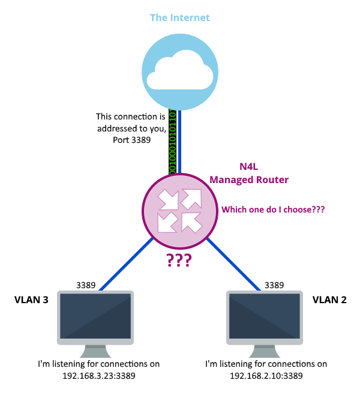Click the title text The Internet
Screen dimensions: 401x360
179,18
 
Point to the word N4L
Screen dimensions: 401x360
249,167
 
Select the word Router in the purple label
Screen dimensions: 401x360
271,180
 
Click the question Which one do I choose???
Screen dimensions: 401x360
273,210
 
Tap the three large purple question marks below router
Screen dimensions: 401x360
179,260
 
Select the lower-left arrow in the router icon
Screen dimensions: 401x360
168,222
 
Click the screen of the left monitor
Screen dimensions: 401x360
95,316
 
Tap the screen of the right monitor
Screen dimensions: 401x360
265,316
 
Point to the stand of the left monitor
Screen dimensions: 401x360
95,351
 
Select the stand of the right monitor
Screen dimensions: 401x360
265,351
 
